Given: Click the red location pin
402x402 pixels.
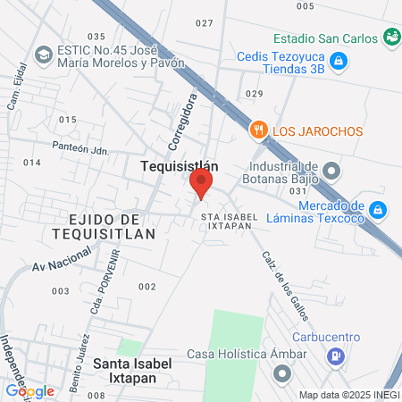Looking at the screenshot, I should [x=201, y=185].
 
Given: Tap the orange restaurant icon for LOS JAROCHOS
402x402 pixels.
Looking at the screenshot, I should [x=260, y=130].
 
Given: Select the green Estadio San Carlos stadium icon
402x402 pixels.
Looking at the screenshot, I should [x=390, y=37].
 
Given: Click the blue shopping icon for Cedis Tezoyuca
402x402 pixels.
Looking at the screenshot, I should [x=338, y=61].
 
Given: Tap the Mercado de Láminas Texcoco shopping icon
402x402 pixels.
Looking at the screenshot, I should [x=378, y=210].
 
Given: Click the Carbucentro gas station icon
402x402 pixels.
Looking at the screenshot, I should [x=336, y=356].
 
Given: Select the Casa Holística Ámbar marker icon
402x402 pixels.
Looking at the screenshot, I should [x=283, y=373].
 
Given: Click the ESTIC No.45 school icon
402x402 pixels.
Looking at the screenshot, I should [x=42, y=55].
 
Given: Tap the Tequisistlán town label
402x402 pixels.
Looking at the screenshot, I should [x=179, y=165].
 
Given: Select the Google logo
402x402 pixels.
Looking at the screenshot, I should [x=29, y=390].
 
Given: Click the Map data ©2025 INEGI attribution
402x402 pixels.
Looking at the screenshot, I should [x=348, y=395].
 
